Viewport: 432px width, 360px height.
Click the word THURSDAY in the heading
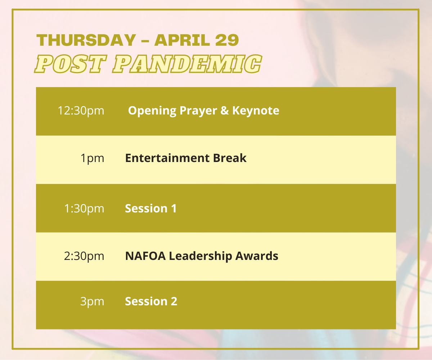pos(86,40)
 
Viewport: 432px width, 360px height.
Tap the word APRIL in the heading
pos(182,40)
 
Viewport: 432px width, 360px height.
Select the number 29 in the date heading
pos(227,40)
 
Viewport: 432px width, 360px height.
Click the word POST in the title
pos(71,64)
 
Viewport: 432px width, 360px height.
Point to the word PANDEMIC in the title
pos(187,64)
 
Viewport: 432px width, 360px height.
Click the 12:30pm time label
pos(81,111)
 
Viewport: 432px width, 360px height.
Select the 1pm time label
pos(92,158)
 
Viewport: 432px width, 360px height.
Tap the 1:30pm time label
pos(84,208)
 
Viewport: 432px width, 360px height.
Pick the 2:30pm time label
pos(84,256)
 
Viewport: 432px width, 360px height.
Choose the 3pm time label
pos(92,302)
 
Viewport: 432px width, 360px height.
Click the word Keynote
pos(256,111)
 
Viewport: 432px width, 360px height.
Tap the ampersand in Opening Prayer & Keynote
pos(225,111)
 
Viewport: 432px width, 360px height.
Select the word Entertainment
pos(167,158)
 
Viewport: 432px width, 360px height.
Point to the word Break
pos(230,158)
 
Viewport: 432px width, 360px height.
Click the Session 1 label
pos(151,208)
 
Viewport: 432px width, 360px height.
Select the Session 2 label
pos(151,301)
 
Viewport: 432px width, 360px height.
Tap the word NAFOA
pos(145,256)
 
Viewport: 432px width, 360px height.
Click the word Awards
pos(257,256)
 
